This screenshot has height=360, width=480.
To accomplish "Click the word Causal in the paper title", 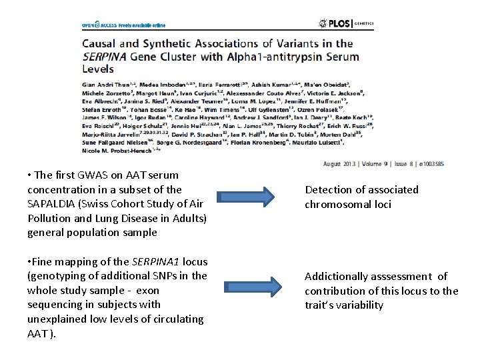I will pyautogui.click(x=100, y=42).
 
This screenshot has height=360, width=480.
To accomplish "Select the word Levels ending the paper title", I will pyautogui.click(x=98, y=68).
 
